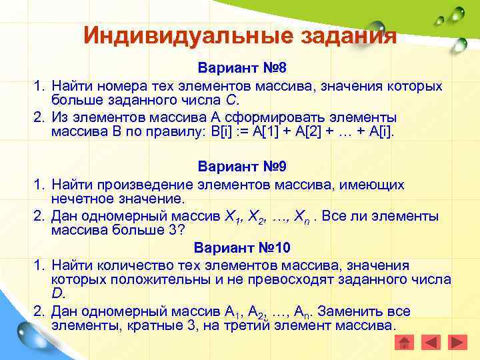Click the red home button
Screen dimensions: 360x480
[x=404, y=343]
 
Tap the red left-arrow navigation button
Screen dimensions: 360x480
[x=431, y=343]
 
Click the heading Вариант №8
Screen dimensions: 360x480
[x=241, y=70]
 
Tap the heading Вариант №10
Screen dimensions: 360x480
[x=241, y=248]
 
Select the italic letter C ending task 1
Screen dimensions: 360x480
[x=231, y=101]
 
